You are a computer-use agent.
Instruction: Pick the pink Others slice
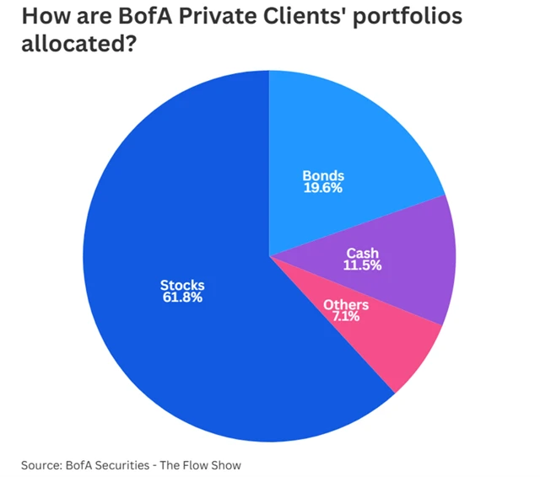click(397, 346)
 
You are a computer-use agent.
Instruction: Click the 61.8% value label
click(181, 297)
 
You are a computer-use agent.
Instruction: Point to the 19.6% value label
click(323, 188)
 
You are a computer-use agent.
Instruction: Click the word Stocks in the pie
click(181, 286)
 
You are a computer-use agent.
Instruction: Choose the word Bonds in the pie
click(323, 176)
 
